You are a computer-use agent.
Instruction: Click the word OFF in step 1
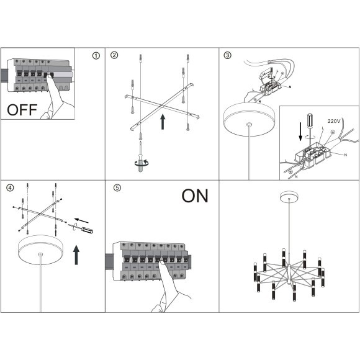coord(22,110)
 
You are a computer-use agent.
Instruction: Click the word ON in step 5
coord(195,196)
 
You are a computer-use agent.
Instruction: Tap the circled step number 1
coord(96,56)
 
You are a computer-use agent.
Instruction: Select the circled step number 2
coord(114,55)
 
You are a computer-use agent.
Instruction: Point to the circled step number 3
coord(227,55)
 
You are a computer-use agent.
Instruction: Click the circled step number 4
coord(10,188)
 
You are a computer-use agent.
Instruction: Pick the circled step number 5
coord(117,188)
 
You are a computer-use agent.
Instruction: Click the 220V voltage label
coord(334,121)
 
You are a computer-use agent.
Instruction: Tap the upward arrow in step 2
coord(163,122)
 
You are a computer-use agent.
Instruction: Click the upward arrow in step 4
coord(76,255)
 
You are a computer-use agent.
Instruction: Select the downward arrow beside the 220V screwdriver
coord(300,132)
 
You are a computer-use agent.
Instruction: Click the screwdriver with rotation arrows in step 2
coord(140,156)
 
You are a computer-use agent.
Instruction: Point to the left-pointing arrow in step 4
coord(82,220)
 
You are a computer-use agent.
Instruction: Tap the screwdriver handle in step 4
coord(88,230)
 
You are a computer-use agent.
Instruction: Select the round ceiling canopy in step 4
coord(41,250)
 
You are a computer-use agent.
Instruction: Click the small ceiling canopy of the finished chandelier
coord(289,197)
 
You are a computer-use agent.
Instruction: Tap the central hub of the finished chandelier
coord(289,274)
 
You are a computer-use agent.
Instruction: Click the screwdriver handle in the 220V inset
coord(310,121)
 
